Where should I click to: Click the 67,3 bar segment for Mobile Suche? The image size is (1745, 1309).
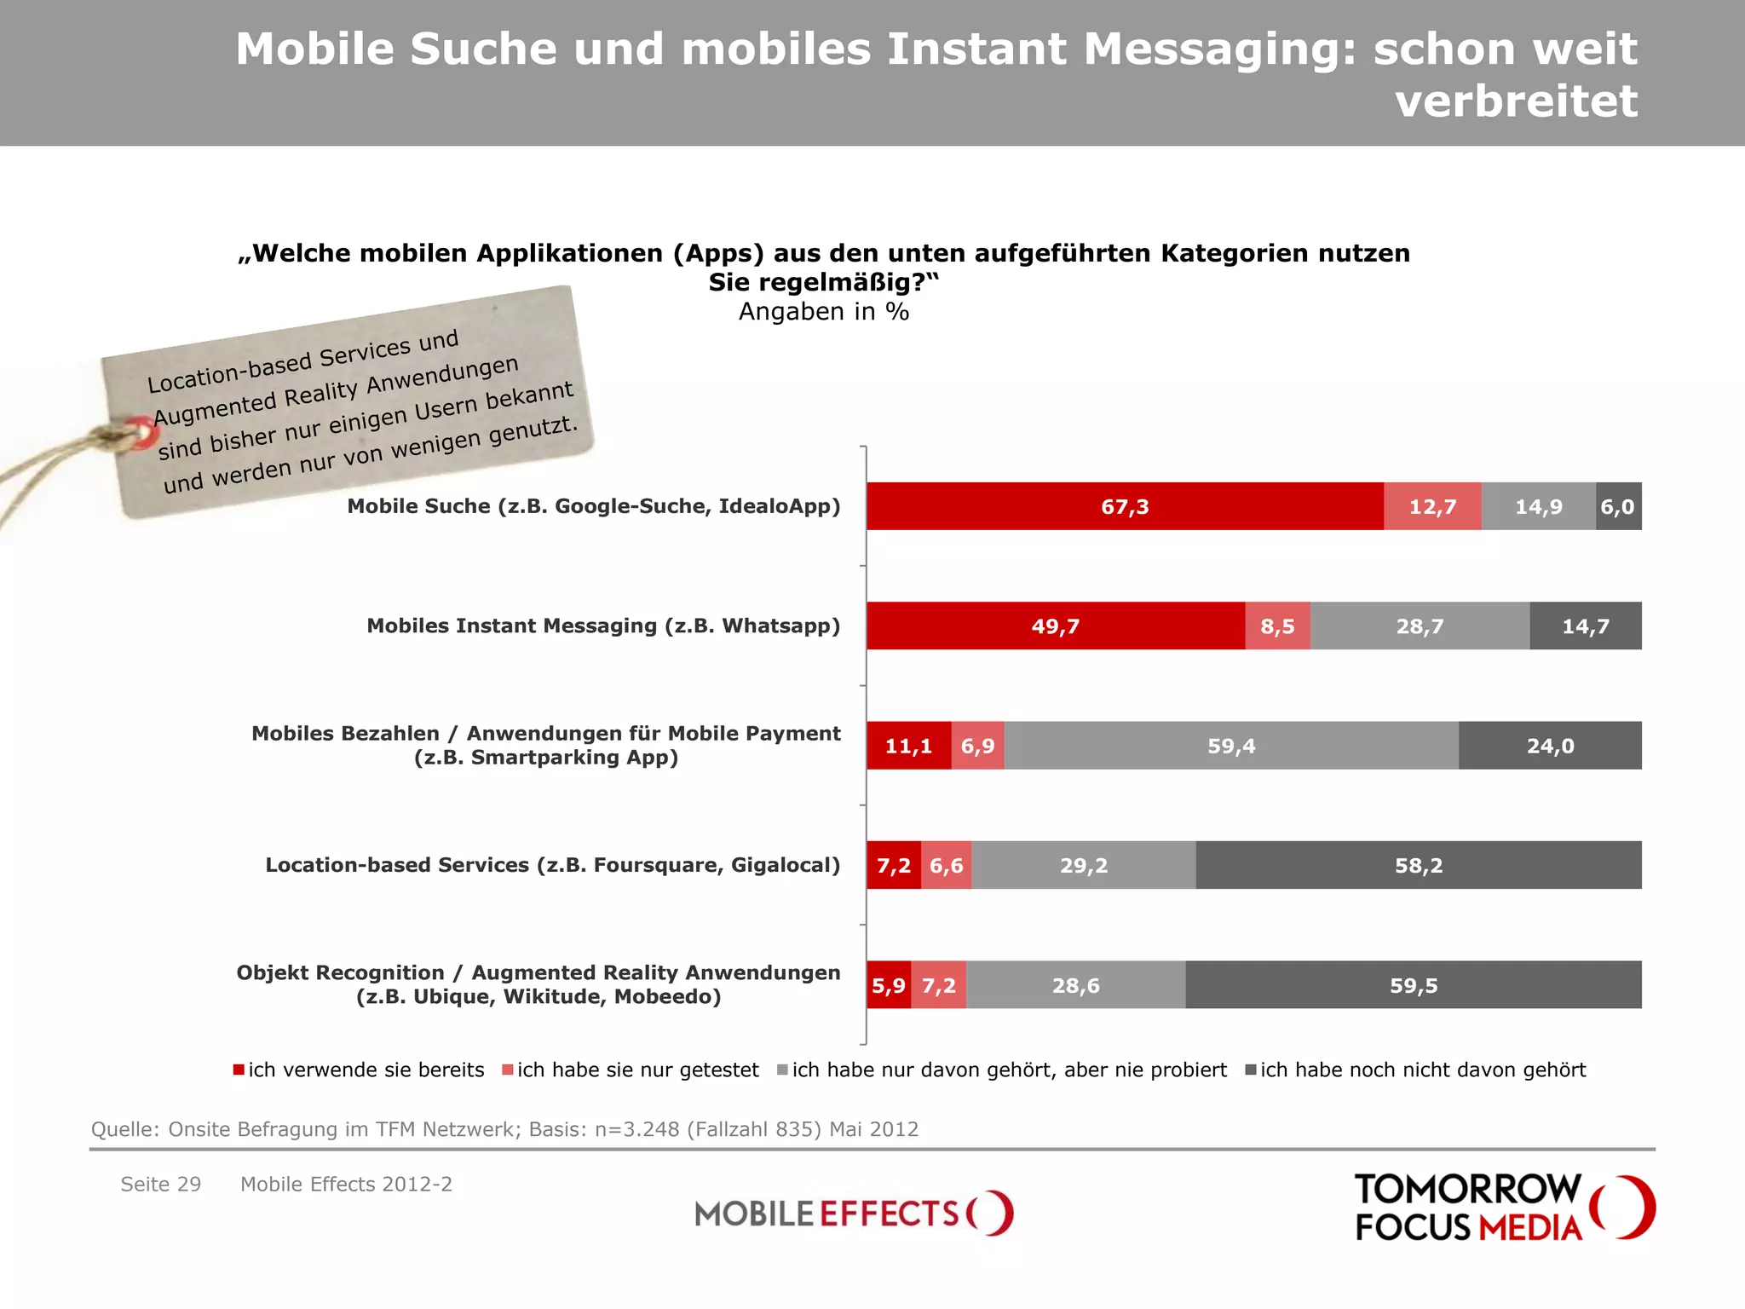[x=1125, y=506]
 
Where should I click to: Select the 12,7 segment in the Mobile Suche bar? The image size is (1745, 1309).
[x=1432, y=506]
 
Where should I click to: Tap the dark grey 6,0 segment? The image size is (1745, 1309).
[x=1617, y=506]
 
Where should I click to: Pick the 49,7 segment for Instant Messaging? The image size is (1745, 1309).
[x=1055, y=626]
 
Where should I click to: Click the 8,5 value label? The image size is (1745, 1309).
[x=1277, y=626]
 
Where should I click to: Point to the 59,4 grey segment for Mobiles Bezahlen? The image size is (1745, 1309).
[x=1231, y=746]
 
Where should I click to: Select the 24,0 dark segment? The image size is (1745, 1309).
[x=1550, y=746]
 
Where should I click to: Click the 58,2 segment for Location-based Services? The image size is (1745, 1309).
[x=1419, y=866]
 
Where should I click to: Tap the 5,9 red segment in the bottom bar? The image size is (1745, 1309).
[x=888, y=986]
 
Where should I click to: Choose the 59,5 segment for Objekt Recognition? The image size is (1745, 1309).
[x=1414, y=986]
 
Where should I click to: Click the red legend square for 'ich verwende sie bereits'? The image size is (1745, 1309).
[x=239, y=1070]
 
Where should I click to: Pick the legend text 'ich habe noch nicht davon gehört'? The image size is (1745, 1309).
[x=1423, y=1070]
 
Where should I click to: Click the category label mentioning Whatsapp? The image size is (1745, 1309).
[x=603, y=626]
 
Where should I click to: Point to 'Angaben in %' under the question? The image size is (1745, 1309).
[x=823, y=312]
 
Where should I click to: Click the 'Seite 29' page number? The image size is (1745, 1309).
[x=161, y=1184]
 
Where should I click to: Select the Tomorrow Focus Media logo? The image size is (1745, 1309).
[x=1503, y=1208]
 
